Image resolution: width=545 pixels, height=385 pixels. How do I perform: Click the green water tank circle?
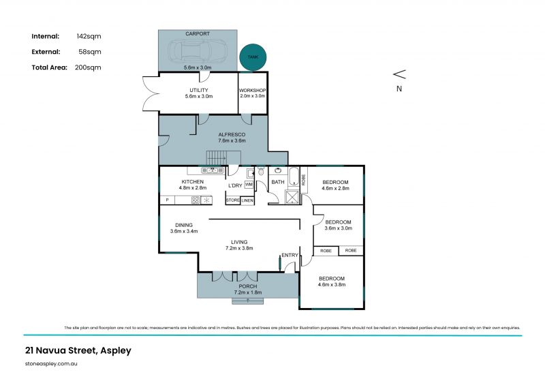[253, 58]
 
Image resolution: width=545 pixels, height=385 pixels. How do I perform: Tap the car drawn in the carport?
[198, 50]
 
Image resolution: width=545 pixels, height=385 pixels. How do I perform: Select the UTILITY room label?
[198, 90]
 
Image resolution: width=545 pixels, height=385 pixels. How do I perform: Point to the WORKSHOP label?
[252, 90]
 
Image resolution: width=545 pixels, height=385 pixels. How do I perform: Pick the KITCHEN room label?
[192, 182]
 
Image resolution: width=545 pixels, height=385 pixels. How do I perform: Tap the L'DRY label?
[235, 185]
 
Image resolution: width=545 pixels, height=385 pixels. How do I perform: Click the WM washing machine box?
[249, 185]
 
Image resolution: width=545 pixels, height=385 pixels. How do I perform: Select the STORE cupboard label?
[232, 200]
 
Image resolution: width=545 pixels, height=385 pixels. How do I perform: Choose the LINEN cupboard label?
[247, 200]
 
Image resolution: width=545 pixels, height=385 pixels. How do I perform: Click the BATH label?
[278, 182]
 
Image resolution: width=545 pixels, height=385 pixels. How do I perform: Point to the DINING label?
[184, 225]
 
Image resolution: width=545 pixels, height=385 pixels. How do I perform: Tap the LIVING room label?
[239, 242]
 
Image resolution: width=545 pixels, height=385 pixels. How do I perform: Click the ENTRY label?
[290, 255]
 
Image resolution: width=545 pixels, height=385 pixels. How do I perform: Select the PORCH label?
[248, 286]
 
